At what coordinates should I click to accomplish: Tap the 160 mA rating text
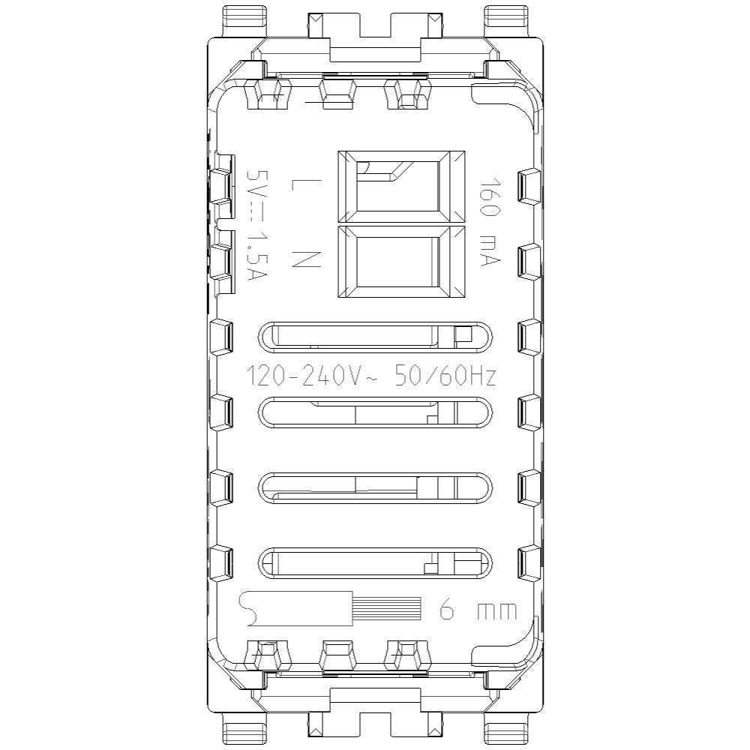[490, 222]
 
